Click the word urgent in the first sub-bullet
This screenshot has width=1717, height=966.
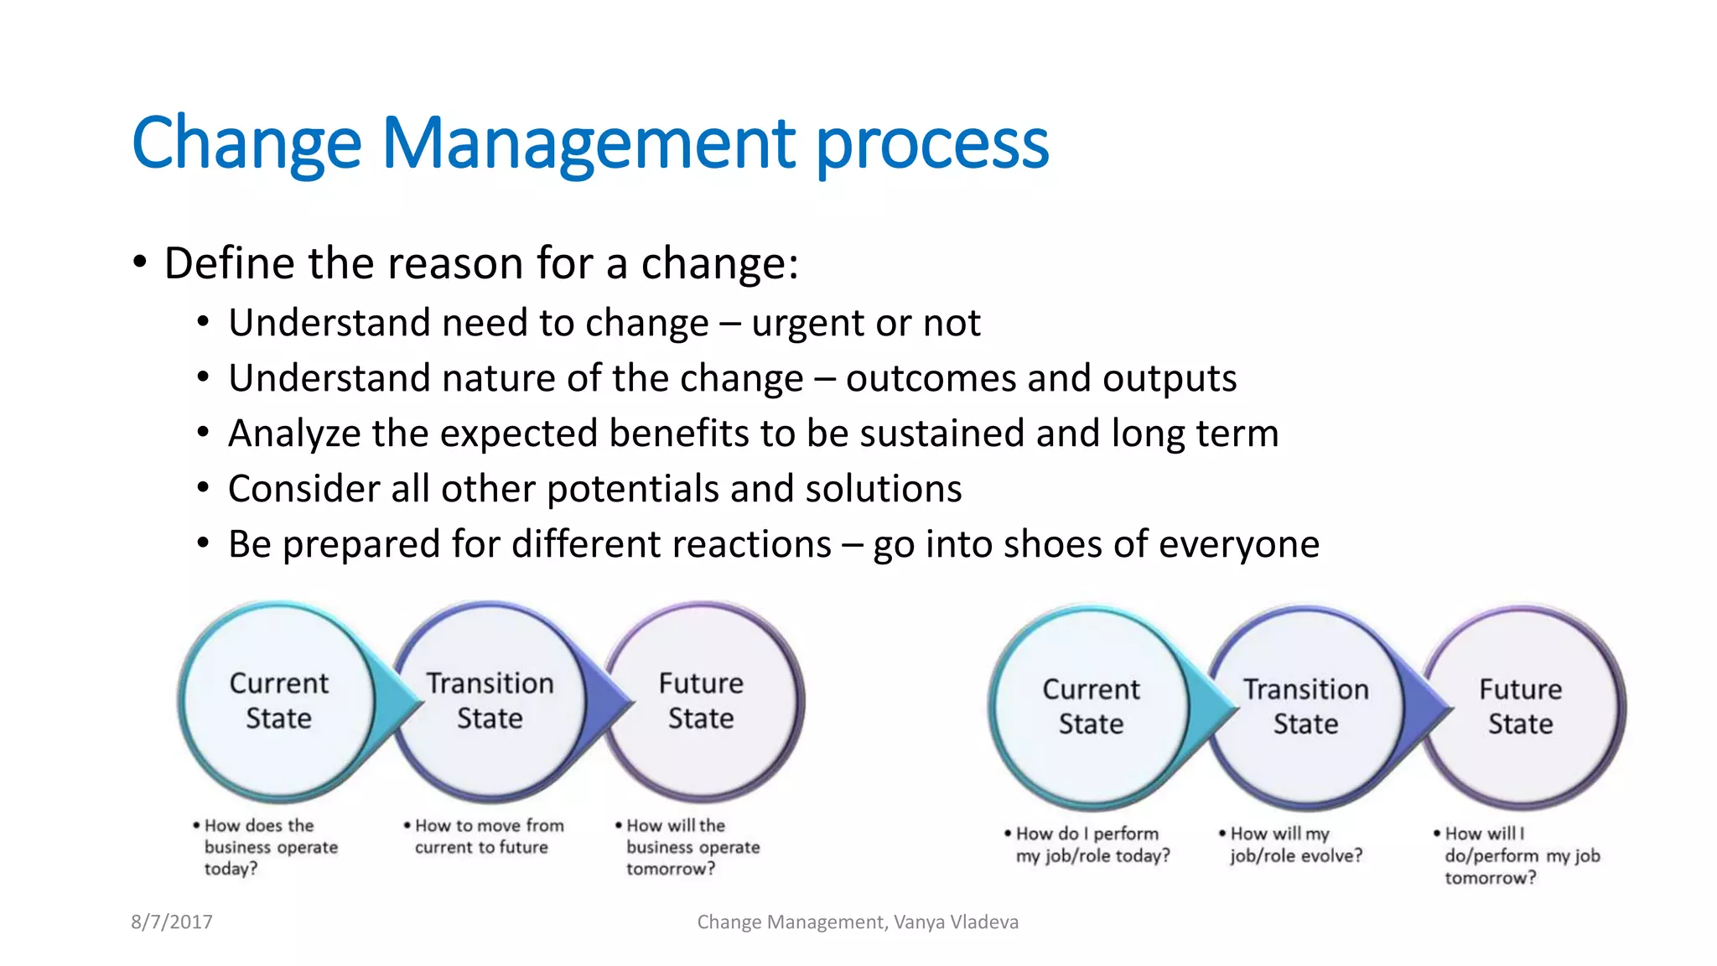point(806,324)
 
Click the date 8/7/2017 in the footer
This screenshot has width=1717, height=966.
point(172,922)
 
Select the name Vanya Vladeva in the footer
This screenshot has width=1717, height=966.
point(956,922)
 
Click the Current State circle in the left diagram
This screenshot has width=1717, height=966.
point(278,701)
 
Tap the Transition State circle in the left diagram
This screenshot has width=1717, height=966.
point(490,701)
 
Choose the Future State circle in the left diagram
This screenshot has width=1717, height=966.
point(701,701)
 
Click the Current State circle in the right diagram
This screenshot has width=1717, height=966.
point(1091,707)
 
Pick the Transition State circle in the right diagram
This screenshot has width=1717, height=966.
point(1305,707)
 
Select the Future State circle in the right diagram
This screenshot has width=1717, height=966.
point(1520,707)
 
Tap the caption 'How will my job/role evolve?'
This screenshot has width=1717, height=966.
point(1295,844)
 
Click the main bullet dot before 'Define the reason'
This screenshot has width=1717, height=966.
point(140,263)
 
